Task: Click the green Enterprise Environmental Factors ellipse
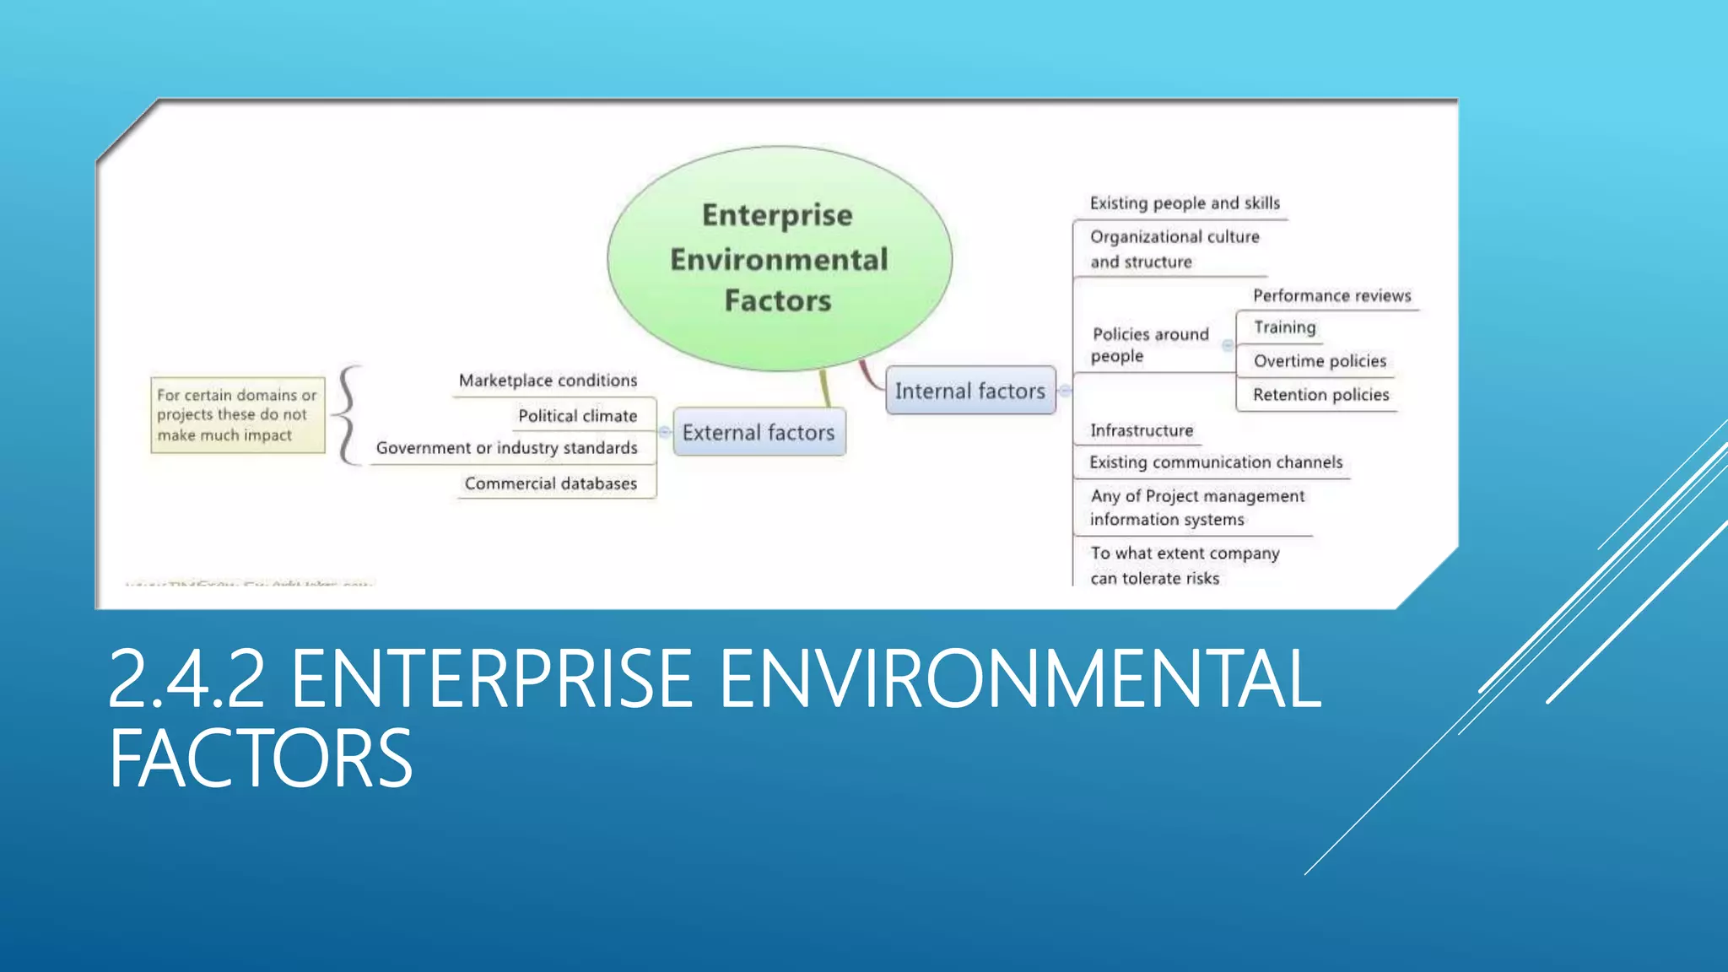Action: pyautogui.click(x=779, y=257)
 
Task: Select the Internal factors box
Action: pyautogui.click(x=970, y=391)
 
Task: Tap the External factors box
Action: pyautogui.click(x=759, y=433)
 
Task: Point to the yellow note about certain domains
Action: pyautogui.click(x=237, y=415)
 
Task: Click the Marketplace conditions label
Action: pyautogui.click(x=548, y=381)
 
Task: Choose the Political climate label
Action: pyautogui.click(x=577, y=416)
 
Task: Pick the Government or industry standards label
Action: pyautogui.click(x=506, y=448)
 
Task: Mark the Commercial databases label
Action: pyautogui.click(x=550, y=483)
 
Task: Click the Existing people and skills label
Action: pyautogui.click(x=1184, y=203)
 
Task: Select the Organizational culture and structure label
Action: pyautogui.click(x=1174, y=249)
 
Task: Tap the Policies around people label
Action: pyautogui.click(x=1149, y=345)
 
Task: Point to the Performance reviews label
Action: pyautogui.click(x=1331, y=296)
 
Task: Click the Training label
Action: pyautogui.click(x=1284, y=327)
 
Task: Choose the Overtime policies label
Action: pyautogui.click(x=1320, y=361)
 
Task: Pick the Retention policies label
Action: pyautogui.click(x=1320, y=395)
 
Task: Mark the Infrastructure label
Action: pyautogui.click(x=1142, y=431)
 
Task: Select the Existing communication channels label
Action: pyautogui.click(x=1215, y=462)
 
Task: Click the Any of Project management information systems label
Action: pyautogui.click(x=1196, y=508)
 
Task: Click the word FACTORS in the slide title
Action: pyautogui.click(x=261, y=759)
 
